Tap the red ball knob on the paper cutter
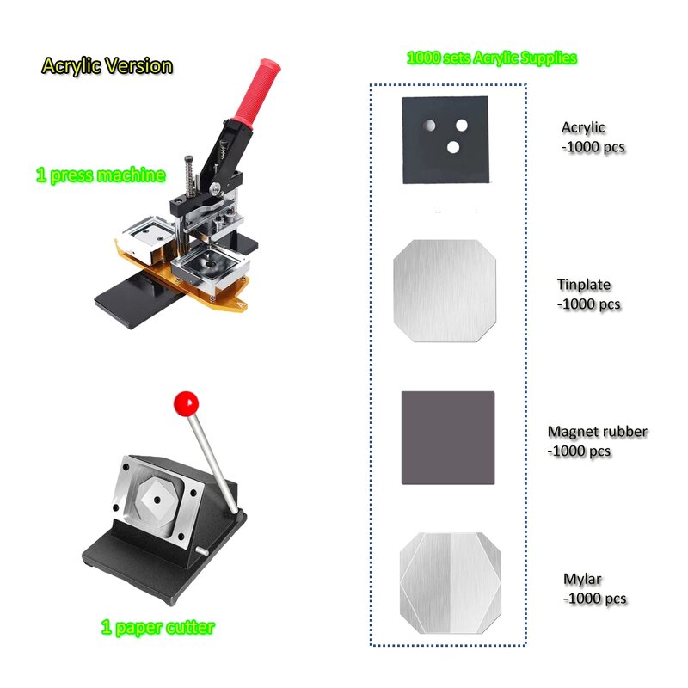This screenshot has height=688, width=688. (x=185, y=402)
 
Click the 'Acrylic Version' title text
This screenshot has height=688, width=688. (x=107, y=66)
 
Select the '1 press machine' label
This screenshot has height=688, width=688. (x=100, y=175)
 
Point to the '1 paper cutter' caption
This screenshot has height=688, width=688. (x=157, y=628)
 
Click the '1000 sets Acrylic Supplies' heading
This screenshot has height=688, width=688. (x=491, y=58)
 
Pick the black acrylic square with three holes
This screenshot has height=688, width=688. (x=445, y=138)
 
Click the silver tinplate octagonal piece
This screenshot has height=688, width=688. (x=445, y=290)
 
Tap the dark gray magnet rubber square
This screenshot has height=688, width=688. (x=448, y=438)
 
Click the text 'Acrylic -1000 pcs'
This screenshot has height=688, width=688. (x=593, y=138)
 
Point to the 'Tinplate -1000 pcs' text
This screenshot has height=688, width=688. (x=589, y=294)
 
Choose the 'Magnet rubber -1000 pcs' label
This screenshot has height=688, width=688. (x=598, y=441)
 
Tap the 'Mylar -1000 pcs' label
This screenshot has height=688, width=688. (x=594, y=590)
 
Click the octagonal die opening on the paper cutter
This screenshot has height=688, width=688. (x=157, y=497)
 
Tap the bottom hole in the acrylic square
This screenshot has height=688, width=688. (x=453, y=147)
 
